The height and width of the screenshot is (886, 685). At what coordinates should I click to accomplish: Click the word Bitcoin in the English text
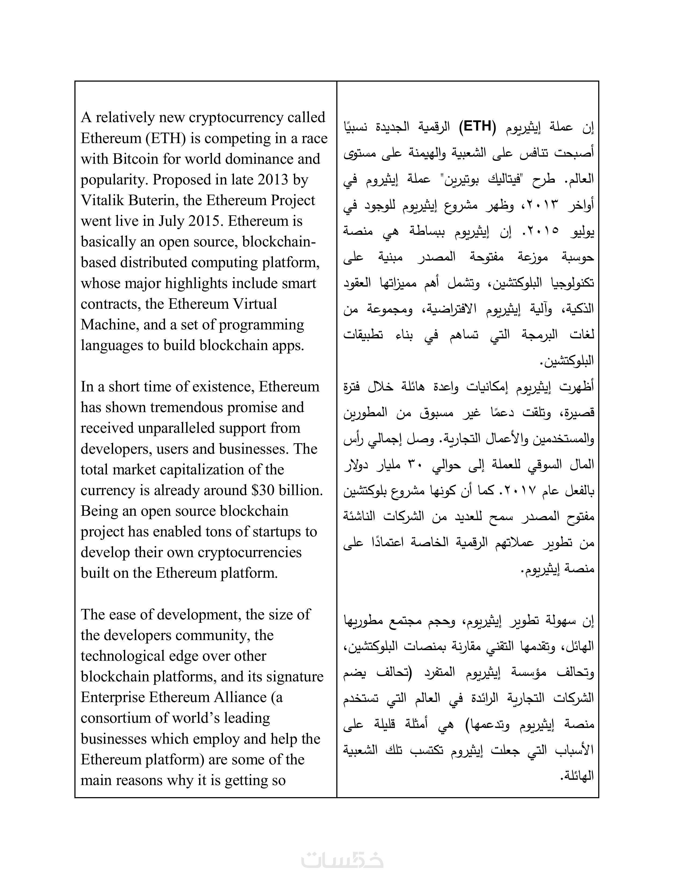pyautogui.click(x=135, y=159)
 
